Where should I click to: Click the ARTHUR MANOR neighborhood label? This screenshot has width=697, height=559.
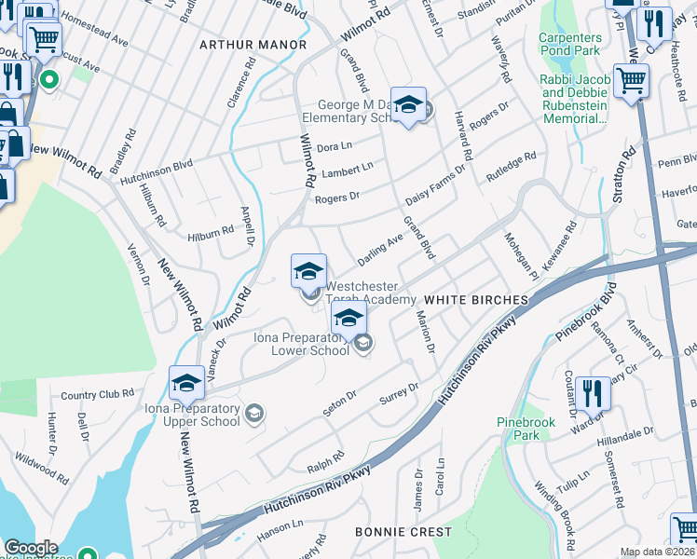[x=253, y=45]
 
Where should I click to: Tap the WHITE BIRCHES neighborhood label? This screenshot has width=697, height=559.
[x=475, y=300]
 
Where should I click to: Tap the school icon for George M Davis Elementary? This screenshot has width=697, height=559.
[x=408, y=107]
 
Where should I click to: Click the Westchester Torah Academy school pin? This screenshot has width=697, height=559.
[x=308, y=272]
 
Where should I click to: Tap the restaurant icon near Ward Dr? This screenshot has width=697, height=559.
[x=593, y=395]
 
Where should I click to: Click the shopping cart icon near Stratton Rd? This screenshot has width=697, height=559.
[x=631, y=82]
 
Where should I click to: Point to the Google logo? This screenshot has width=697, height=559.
[x=31, y=548]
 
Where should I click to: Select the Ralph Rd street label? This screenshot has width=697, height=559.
[x=328, y=458]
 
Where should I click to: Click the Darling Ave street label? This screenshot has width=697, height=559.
[x=380, y=247]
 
